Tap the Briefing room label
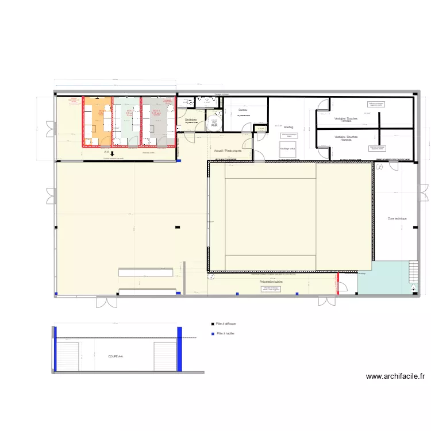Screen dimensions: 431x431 coord(288,127)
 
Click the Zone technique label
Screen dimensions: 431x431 coord(397,218)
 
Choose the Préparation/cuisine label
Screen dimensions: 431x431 coord(271,282)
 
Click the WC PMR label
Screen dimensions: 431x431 coord(214,124)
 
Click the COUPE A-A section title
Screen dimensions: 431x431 coord(116,356)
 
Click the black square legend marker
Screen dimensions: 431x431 coord(213,324)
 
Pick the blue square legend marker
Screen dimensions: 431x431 coord(213,333)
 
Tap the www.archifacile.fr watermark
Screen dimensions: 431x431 coord(395,376)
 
